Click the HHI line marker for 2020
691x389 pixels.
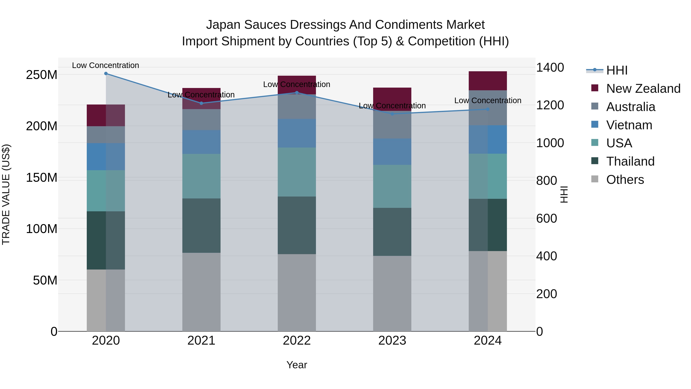pyautogui.click(x=106, y=74)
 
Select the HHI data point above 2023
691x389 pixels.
pyautogui.click(x=392, y=114)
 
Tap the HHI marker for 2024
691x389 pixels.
pyautogui.click(x=488, y=109)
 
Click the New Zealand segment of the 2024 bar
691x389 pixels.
pyautogui.click(x=488, y=81)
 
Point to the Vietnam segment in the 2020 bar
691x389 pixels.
pyautogui.click(x=106, y=157)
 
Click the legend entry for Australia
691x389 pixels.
pyautogui.click(x=630, y=107)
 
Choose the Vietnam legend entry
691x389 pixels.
pyautogui.click(x=629, y=125)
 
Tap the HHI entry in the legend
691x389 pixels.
pyautogui.click(x=616, y=70)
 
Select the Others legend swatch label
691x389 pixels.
pyautogui.click(x=625, y=180)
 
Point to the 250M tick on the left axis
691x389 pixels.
pyautogui.click(x=42, y=75)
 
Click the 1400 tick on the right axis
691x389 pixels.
pyautogui.click(x=550, y=68)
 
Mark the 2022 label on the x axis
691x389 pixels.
pyautogui.click(x=297, y=341)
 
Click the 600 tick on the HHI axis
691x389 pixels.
pyautogui.click(x=546, y=219)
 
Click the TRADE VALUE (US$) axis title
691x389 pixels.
pyautogui.click(x=6, y=195)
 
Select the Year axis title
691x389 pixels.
pyautogui.click(x=297, y=365)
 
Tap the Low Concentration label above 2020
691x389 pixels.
pyautogui.click(x=105, y=65)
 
